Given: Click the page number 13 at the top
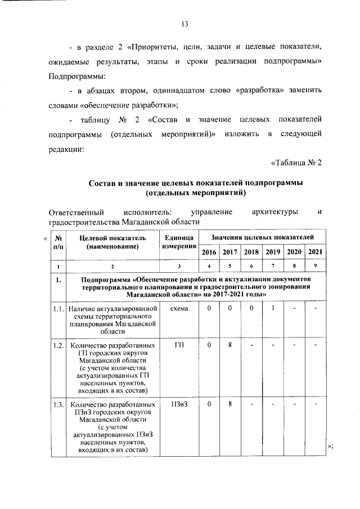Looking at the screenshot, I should [x=183, y=23].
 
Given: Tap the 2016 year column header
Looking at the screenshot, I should [x=209, y=252].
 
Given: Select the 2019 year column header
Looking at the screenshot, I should [x=273, y=252].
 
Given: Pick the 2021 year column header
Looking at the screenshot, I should [x=316, y=252].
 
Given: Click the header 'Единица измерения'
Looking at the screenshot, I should [x=179, y=242].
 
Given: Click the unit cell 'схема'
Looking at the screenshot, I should [x=179, y=309].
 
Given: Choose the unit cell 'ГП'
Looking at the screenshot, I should [x=179, y=345].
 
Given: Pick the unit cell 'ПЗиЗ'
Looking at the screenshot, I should [x=179, y=404].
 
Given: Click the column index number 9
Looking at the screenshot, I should [x=316, y=266].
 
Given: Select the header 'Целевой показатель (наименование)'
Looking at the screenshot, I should [x=112, y=242].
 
